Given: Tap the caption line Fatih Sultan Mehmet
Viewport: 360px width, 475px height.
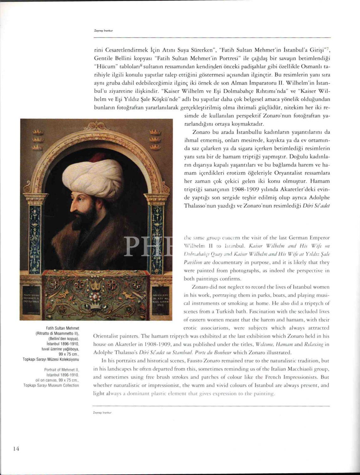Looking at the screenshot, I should (63, 328).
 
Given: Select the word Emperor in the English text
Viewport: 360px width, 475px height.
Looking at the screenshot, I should (319, 237).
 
